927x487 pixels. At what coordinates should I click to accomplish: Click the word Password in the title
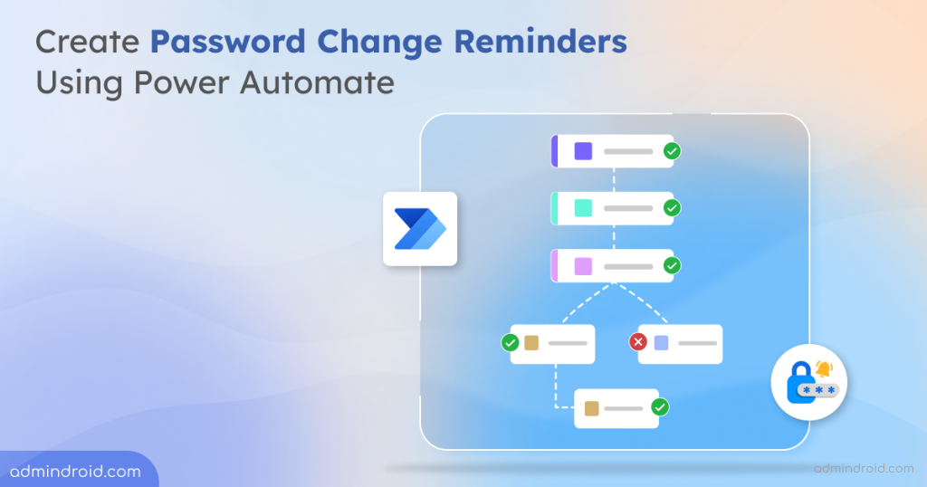(x=227, y=42)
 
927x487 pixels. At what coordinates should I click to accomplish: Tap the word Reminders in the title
(x=540, y=42)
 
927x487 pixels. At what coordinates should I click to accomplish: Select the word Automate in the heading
(x=317, y=81)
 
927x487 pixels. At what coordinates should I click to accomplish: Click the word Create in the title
(x=88, y=42)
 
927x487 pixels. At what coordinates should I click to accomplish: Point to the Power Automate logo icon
(x=420, y=229)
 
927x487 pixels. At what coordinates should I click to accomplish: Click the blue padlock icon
(x=800, y=382)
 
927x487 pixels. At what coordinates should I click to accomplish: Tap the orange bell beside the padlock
(x=824, y=368)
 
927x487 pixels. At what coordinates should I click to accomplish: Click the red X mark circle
(x=638, y=341)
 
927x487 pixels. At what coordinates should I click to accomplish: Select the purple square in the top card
(x=584, y=151)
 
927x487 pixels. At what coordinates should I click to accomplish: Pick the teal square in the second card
(x=584, y=208)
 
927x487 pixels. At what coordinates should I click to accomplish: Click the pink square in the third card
(x=584, y=266)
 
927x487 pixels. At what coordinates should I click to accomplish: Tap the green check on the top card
(x=672, y=151)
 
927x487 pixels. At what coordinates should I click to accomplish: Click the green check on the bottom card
(x=660, y=406)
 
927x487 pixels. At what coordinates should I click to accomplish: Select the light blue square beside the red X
(x=662, y=343)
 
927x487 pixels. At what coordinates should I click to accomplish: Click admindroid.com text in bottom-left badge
(x=75, y=472)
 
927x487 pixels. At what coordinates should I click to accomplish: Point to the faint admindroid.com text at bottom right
(x=864, y=469)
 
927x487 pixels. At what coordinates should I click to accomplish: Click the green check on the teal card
(x=672, y=208)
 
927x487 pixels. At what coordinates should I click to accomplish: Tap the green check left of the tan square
(x=511, y=343)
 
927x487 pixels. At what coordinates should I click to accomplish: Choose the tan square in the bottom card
(x=592, y=408)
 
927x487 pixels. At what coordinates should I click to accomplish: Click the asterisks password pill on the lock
(x=818, y=390)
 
